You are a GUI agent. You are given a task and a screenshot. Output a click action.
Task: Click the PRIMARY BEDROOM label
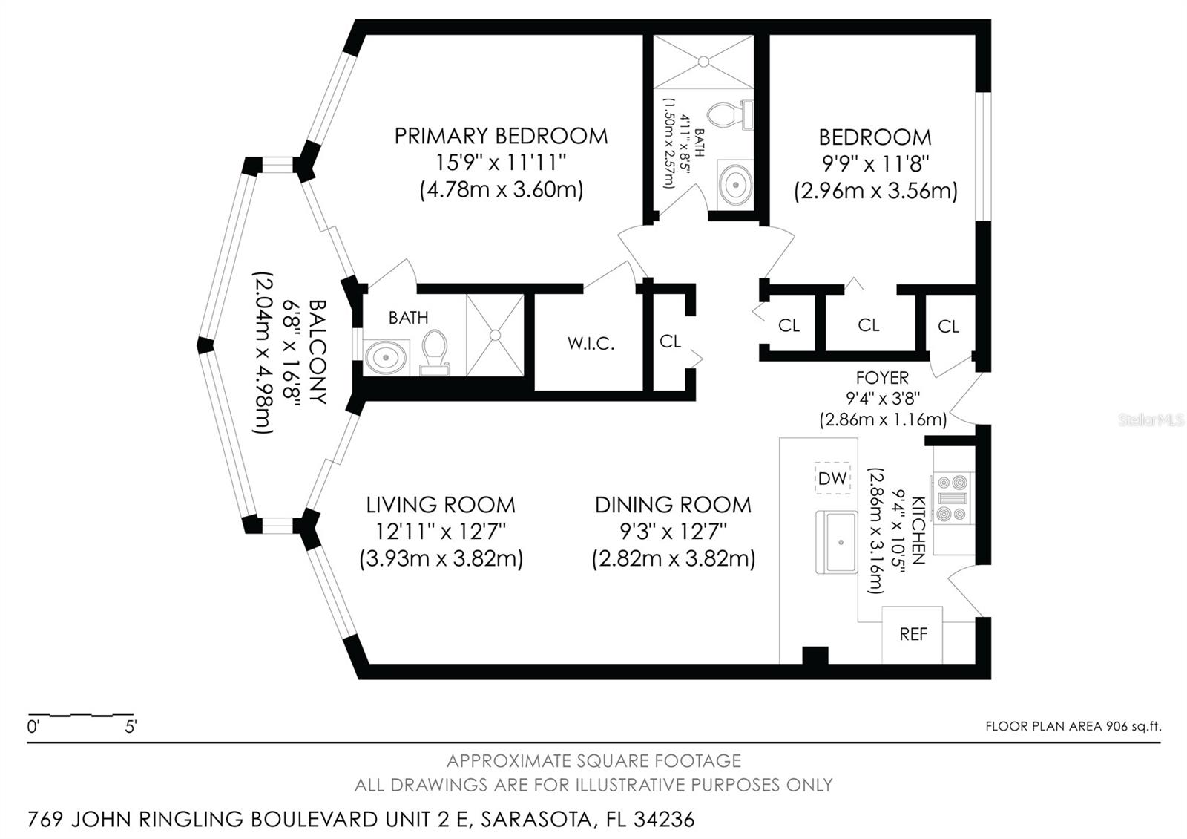coord(501,136)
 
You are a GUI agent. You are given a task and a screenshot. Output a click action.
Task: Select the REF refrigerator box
coord(913,635)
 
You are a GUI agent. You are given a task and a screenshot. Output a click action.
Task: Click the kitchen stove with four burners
coord(953,499)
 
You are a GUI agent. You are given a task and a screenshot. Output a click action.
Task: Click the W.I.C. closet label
coord(591,344)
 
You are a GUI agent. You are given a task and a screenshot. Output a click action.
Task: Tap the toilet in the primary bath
coord(434,351)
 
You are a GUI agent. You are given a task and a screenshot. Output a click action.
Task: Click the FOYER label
coord(882,378)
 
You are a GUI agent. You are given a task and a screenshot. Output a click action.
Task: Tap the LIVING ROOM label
coord(441,505)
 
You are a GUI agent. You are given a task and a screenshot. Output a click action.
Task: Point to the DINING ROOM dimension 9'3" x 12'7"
coord(673,532)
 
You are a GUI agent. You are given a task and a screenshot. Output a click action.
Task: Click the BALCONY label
coord(318,351)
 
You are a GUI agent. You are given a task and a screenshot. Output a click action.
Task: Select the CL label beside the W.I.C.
coord(670,341)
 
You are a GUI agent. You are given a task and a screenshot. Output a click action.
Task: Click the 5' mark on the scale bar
coord(131,727)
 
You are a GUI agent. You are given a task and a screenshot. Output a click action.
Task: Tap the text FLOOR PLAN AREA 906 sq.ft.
coord(1073,726)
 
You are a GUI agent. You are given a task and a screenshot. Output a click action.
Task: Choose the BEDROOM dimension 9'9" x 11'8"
coord(875,163)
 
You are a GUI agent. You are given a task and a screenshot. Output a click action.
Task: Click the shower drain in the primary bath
coord(495,335)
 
